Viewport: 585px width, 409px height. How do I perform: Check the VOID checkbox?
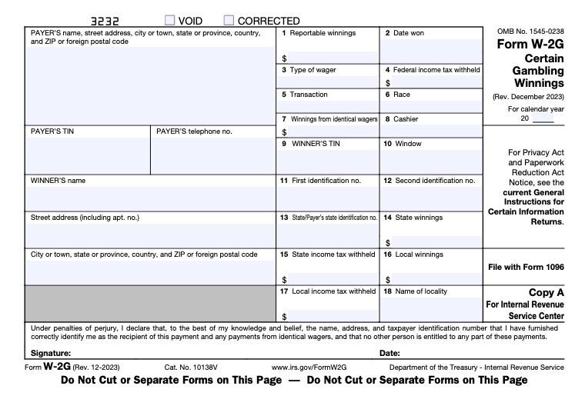coord(170,21)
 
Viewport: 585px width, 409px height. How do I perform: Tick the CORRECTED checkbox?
coord(229,21)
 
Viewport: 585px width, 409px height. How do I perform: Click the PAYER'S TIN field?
coord(87,156)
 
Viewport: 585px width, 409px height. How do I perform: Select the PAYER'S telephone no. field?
coord(212,156)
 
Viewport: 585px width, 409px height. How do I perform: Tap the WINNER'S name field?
coord(150,198)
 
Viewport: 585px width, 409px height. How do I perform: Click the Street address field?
coord(150,234)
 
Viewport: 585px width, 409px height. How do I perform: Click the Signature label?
coord(52,353)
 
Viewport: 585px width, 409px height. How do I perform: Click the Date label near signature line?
coord(389,353)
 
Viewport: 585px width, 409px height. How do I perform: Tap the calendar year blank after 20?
coord(543,119)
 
